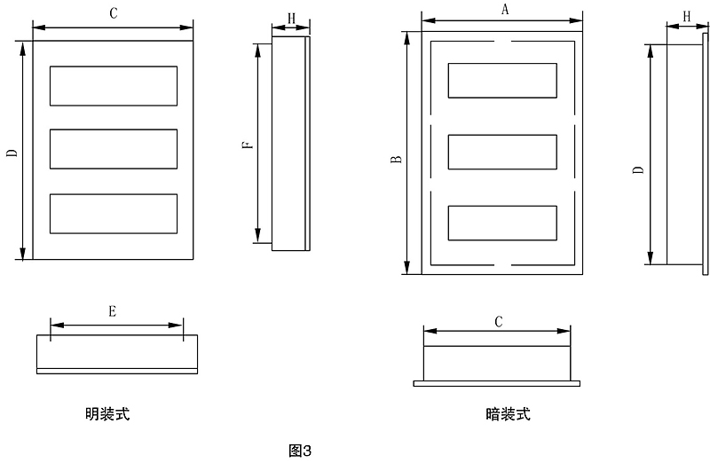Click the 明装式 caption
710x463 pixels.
(x=107, y=413)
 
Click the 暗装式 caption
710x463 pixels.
(x=509, y=413)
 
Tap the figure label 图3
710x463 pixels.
(x=301, y=450)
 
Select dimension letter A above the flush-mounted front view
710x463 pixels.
(x=504, y=10)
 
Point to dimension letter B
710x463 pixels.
(x=396, y=160)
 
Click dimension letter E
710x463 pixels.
(x=113, y=311)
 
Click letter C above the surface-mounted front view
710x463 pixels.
(x=113, y=14)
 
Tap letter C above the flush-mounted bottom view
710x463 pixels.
(x=499, y=322)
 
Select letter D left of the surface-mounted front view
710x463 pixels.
(x=11, y=153)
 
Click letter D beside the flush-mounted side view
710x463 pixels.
(x=638, y=169)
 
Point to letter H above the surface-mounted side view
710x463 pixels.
(x=291, y=19)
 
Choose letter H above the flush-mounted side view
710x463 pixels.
(x=687, y=17)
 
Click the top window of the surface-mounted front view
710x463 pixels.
(x=113, y=86)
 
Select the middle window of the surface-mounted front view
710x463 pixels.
(x=113, y=149)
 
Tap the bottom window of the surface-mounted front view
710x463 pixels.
(x=113, y=213)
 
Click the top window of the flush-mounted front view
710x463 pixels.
(x=503, y=81)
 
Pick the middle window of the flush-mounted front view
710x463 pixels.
(x=503, y=152)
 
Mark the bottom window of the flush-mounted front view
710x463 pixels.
(x=503, y=223)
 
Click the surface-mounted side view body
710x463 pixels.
(x=288, y=142)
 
